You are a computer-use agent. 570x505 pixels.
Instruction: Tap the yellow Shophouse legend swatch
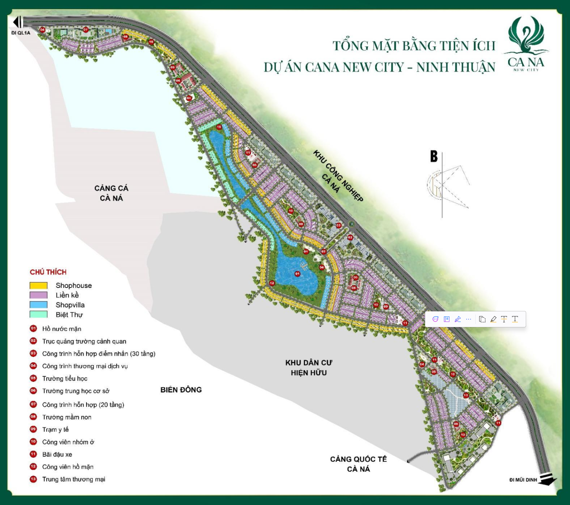click(38, 286)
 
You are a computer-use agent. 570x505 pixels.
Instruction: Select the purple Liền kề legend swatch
click(38, 295)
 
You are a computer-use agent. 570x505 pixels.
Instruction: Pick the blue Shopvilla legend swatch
click(38, 305)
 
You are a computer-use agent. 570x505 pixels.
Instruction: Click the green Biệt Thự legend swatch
click(38, 314)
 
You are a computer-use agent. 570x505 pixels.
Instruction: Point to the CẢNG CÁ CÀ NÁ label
click(111, 193)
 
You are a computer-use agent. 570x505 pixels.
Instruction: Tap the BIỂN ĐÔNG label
click(181, 390)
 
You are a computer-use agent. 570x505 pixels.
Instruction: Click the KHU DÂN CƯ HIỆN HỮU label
click(308, 368)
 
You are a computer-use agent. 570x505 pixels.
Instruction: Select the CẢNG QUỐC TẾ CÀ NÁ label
click(358, 464)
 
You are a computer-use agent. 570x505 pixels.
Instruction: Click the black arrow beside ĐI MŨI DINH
click(547, 479)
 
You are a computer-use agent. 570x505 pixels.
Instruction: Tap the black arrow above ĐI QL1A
click(18, 22)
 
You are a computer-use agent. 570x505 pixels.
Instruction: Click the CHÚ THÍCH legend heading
click(48, 272)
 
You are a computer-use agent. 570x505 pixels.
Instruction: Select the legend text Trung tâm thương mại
click(74, 479)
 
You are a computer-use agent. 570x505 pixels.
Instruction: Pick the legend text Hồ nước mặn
click(61, 329)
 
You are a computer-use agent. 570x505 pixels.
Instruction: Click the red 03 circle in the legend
click(33, 354)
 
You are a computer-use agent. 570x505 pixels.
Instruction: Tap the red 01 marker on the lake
click(298, 274)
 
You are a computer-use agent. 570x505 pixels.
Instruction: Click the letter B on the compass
click(434, 156)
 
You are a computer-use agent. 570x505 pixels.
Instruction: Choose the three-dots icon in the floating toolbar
click(468, 319)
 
